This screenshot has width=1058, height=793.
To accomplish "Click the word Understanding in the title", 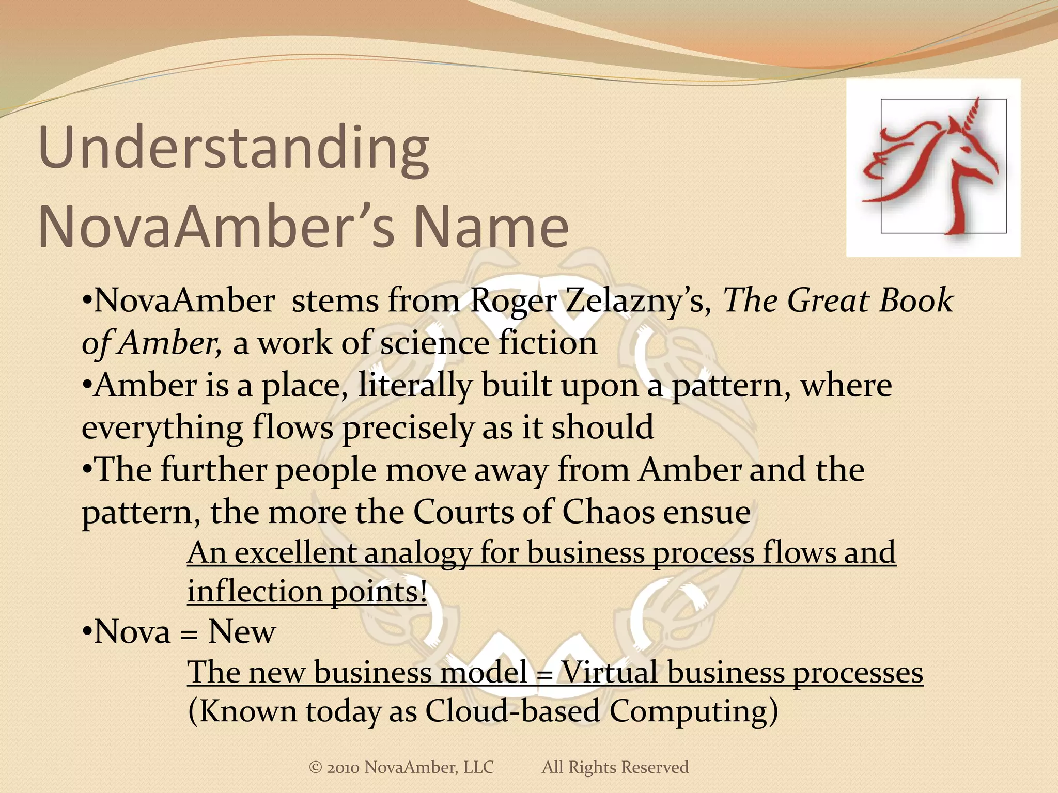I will [234, 150].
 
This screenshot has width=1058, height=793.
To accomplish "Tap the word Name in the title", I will [491, 227].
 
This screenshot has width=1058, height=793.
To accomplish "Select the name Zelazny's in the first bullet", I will [639, 300].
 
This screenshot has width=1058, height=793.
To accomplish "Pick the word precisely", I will [407, 429].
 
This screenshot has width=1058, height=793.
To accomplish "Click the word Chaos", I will [608, 512].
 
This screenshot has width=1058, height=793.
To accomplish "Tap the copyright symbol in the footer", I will [315, 767].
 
